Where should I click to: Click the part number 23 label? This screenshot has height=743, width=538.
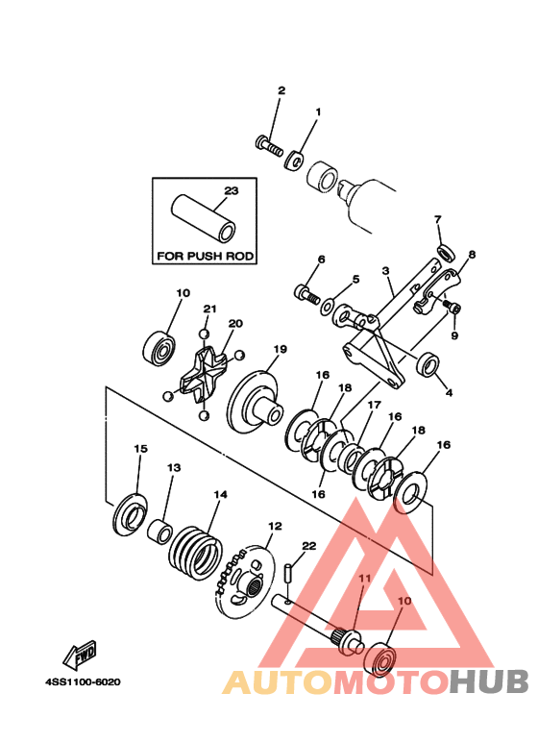[232, 191]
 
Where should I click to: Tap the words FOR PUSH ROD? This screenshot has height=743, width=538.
[206, 256]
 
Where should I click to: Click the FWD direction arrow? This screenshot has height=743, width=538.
[80, 655]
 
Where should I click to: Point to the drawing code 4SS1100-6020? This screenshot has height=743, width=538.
[83, 682]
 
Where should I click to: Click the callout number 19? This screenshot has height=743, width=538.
[280, 349]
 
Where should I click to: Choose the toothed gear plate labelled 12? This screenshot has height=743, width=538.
[244, 582]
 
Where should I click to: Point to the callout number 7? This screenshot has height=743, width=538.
[437, 219]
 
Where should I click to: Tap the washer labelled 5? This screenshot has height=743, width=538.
[328, 306]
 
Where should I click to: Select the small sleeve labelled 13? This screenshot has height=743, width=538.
[159, 532]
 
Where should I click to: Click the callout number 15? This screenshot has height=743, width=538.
[140, 448]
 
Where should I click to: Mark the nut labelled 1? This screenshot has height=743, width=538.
[295, 161]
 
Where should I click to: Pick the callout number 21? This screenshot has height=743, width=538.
[209, 309]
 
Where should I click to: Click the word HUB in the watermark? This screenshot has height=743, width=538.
[489, 681]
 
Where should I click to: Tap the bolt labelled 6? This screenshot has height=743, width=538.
[306, 294]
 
